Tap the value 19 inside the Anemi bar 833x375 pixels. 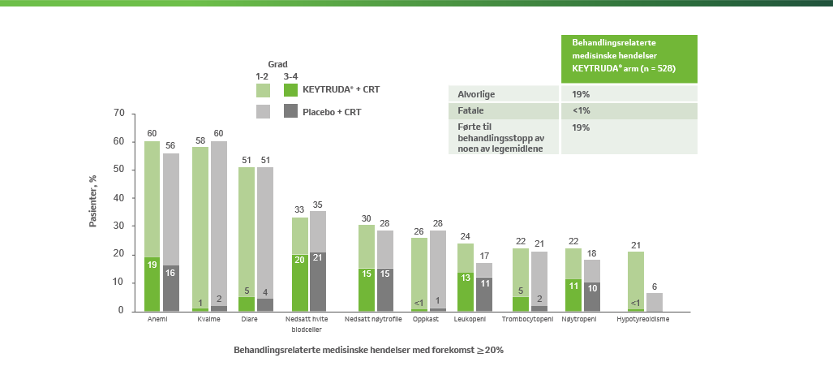152,263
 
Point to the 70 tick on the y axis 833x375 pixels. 119,114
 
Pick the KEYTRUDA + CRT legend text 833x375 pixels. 330,90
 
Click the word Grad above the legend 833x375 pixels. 278,63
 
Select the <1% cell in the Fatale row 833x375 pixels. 581,110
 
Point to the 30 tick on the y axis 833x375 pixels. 119,226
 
